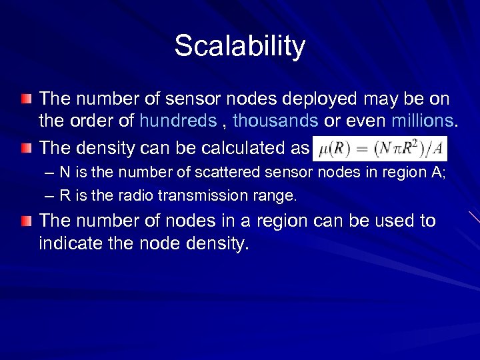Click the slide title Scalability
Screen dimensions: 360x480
click(x=240, y=47)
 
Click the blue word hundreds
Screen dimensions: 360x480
click(x=177, y=122)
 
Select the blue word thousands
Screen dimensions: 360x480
click(x=276, y=122)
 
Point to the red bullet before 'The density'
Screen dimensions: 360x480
click(x=25, y=147)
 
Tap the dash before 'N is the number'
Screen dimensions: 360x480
click(x=47, y=173)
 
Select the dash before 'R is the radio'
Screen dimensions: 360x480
click(x=47, y=196)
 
